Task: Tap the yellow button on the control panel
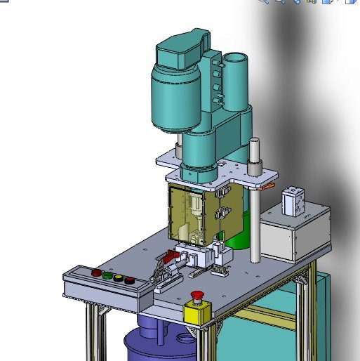pyautogui.click(x=119, y=278)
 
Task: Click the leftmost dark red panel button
pyautogui.click(x=97, y=273)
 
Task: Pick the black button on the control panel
pyautogui.click(x=130, y=281)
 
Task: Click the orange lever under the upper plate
pyautogui.click(x=267, y=187)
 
